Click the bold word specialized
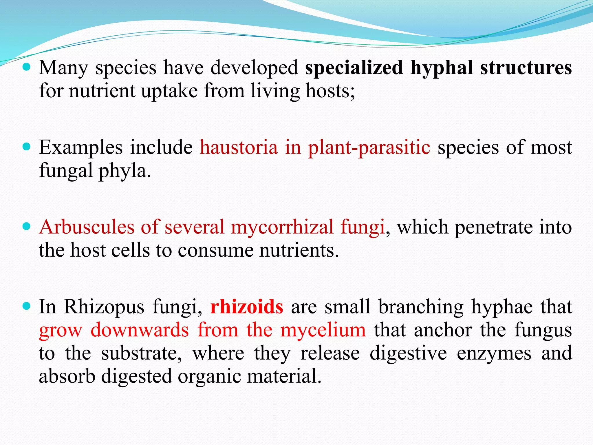pyautogui.click(x=354, y=68)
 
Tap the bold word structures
pyautogui.click(x=526, y=68)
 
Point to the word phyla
pyautogui.click(x=124, y=171)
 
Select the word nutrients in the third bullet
pyautogui.click(x=299, y=250)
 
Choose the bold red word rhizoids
pyautogui.click(x=247, y=307)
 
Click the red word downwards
pyautogui.click(x=140, y=330)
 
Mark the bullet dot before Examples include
pyautogui.click(x=26, y=147)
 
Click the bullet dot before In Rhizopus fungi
pyautogui.click(x=26, y=306)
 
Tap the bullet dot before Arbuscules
pyautogui.click(x=26, y=226)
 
